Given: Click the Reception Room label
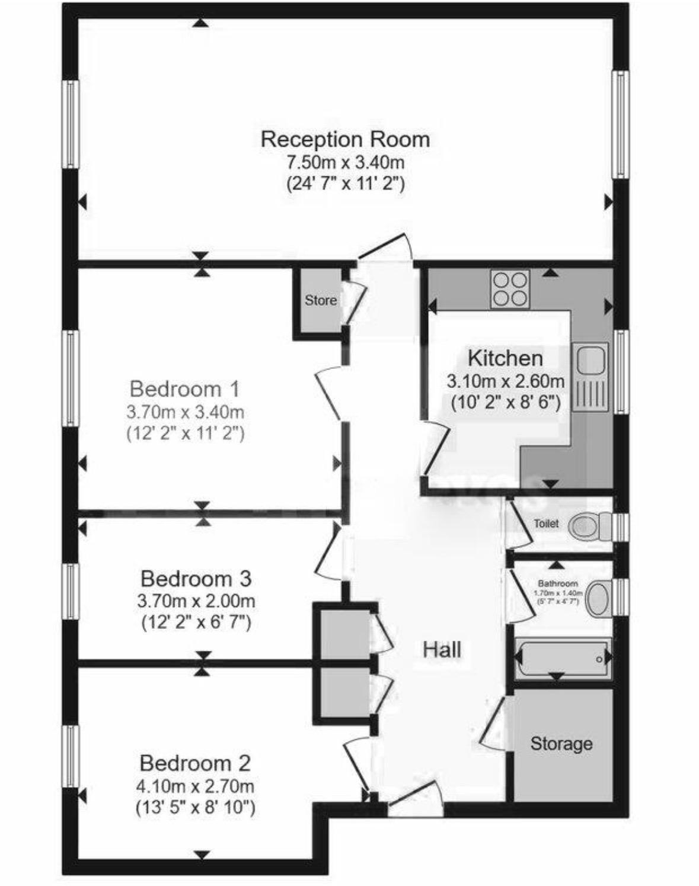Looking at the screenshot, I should pos(345,139).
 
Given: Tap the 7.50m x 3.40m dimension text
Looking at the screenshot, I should pos(345,161).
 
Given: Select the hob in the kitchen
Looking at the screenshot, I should pos(510,289).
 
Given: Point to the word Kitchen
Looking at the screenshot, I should pos(505,358).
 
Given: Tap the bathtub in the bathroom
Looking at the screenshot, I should pos(562,658).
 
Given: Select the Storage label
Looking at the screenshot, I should pos(561,743).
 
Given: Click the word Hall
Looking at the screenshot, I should pos(442,650).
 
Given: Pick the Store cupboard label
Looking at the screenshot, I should pos(321,300).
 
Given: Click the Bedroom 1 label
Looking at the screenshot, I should pos(185,389).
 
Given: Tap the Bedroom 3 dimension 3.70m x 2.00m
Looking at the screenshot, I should pos(196,601).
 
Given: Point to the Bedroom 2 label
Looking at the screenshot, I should pos(195,763).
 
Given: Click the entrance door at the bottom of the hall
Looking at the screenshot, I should pos(415,797).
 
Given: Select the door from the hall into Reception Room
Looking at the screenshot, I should pos(385,249).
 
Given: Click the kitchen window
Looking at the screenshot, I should pos(620,371).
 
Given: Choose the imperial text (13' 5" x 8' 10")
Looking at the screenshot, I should pos(195,807).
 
